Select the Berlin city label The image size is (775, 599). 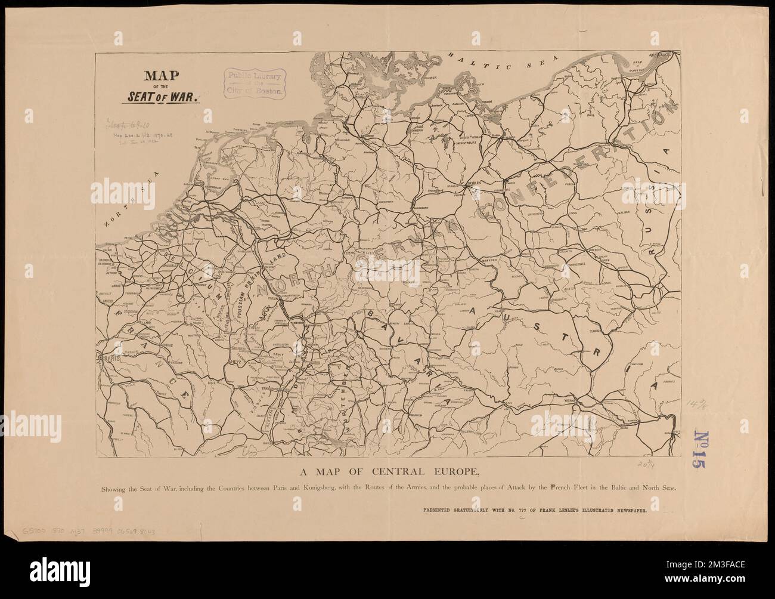click(x=475, y=184)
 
